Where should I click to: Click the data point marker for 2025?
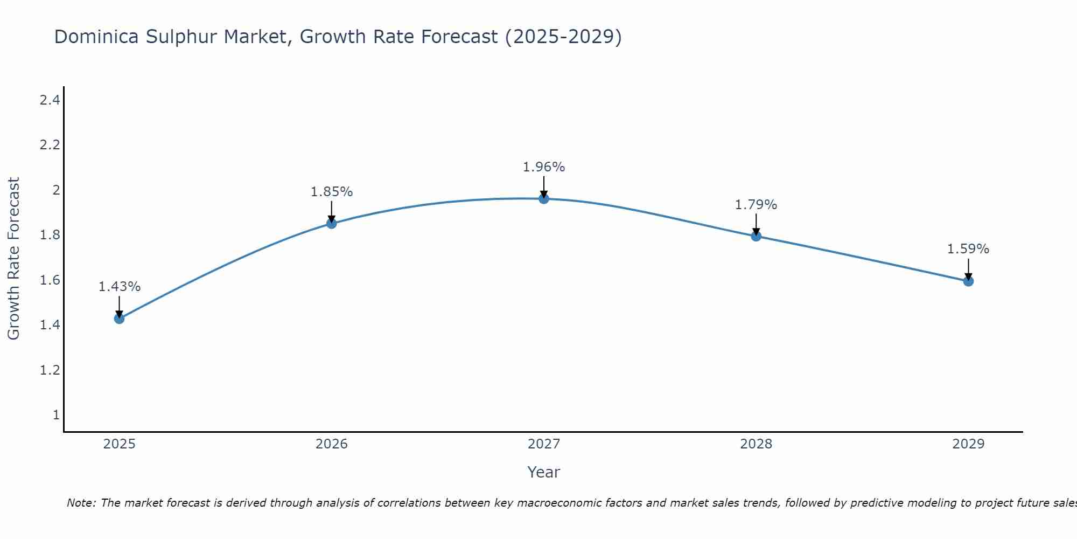[119, 319]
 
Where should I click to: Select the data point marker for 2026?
[332, 223]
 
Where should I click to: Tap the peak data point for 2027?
[544, 198]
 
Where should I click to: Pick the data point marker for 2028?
[756, 236]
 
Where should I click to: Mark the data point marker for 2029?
[968, 281]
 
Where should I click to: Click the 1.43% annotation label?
[119, 287]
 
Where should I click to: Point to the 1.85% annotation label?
[332, 192]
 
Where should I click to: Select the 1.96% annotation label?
[544, 167]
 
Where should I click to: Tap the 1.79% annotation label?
[756, 205]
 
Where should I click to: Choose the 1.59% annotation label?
[968, 249]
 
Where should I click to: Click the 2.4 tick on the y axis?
[50, 100]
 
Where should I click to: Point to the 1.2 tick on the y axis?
[50, 370]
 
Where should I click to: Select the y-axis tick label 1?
[56, 415]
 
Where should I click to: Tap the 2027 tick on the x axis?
[544, 444]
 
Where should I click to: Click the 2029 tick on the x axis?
[968, 444]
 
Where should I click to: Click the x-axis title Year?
[544, 472]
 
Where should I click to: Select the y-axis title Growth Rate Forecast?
[13, 259]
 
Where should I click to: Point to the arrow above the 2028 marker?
[756, 224]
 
